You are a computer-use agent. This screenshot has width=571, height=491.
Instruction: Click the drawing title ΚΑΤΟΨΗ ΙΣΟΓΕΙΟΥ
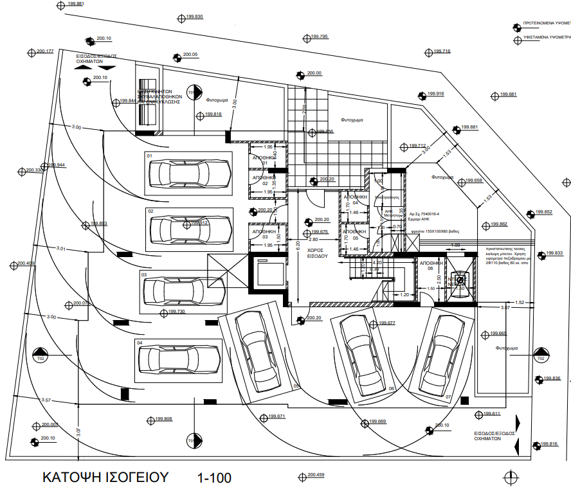(x=105, y=478)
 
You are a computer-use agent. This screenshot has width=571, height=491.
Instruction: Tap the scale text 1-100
(x=214, y=478)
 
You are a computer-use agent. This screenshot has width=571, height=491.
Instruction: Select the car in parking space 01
(x=189, y=172)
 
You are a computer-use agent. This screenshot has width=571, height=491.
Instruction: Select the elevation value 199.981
(x=75, y=4)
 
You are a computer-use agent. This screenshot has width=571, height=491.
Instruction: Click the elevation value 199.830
(x=194, y=16)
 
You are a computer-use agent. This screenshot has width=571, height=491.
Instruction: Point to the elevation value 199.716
(x=442, y=51)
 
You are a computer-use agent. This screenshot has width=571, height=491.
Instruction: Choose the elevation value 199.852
(x=543, y=212)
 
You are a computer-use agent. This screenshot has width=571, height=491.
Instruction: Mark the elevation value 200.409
(x=26, y=263)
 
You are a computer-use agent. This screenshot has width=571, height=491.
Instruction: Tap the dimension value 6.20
(x=298, y=244)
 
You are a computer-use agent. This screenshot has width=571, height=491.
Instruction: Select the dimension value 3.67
(x=505, y=308)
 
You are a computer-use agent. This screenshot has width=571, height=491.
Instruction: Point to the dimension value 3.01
(x=61, y=247)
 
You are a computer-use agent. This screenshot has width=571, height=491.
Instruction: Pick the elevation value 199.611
(x=491, y=413)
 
